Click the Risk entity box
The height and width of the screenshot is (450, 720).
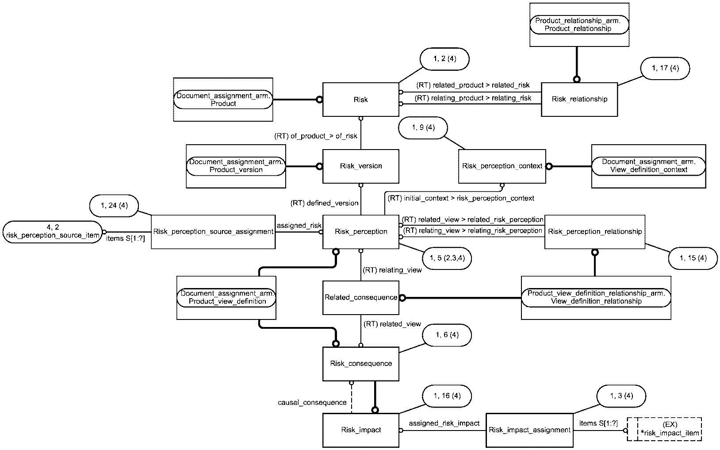point(360,100)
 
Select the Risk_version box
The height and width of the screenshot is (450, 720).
point(360,166)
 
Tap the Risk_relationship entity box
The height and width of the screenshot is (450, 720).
point(579,100)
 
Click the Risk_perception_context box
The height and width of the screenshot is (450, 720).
point(502,166)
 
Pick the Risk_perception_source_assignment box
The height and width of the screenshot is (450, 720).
point(213,232)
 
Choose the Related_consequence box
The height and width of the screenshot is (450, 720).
point(360,297)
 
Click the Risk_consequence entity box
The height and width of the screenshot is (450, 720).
point(360,364)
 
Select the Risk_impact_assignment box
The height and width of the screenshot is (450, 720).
point(529,430)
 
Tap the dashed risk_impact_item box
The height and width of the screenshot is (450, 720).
point(664,429)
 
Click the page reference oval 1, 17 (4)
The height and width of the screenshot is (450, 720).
point(665,68)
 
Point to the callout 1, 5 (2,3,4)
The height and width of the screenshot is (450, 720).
point(447,258)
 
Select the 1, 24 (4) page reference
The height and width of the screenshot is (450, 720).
point(114,206)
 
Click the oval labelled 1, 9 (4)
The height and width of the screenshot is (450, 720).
point(423,128)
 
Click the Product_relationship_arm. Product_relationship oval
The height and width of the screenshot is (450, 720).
point(579,24)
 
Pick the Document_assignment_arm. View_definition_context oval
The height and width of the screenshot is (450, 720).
point(649,166)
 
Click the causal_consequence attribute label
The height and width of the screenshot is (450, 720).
point(312,402)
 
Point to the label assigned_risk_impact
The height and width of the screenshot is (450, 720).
point(444,423)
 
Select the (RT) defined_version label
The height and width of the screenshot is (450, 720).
point(324,203)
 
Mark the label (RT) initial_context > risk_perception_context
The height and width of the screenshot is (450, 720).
point(461,198)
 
